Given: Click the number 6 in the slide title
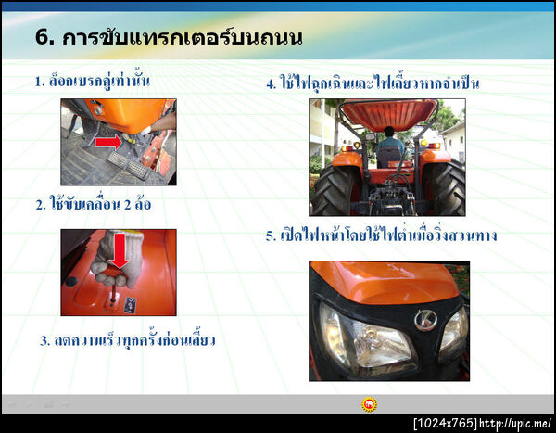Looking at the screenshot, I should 42,38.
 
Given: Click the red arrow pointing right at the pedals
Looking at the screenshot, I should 108,142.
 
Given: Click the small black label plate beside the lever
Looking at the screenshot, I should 131,302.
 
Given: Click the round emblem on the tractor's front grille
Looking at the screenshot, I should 425,321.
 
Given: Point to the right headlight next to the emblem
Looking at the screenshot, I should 453,333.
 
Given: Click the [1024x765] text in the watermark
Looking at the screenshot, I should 445,423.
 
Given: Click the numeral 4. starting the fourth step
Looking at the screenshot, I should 271,84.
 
